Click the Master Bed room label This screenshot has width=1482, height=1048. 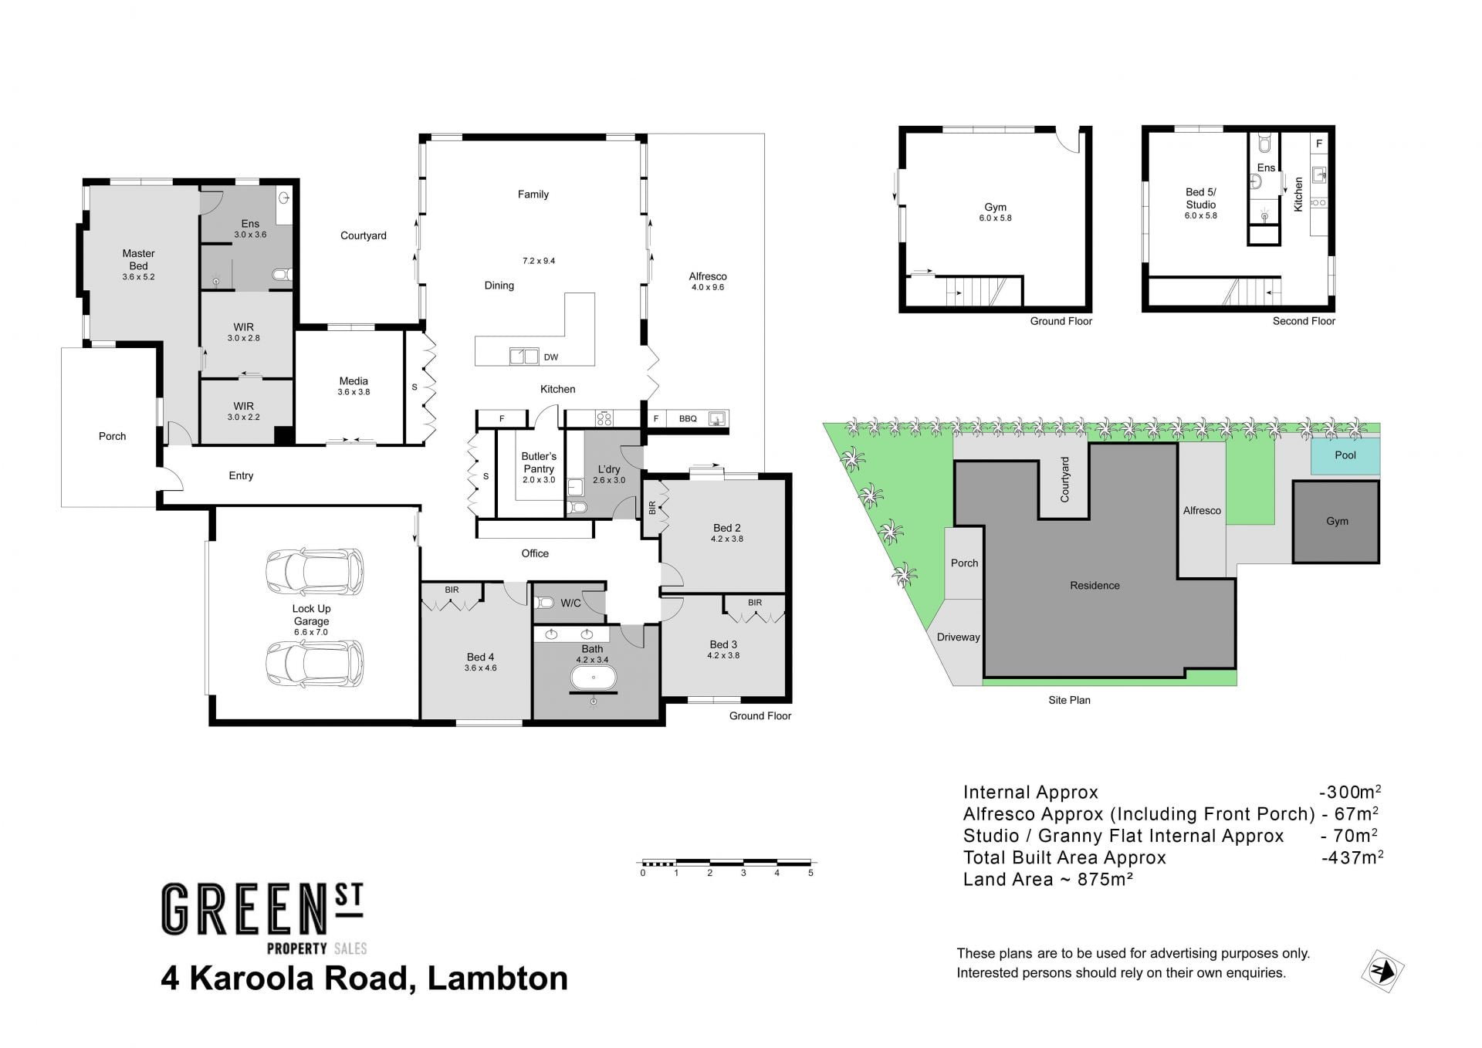(138, 259)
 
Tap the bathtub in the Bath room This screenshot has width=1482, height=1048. (593, 678)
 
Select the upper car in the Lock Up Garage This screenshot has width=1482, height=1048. (314, 571)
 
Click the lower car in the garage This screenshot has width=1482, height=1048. (314, 663)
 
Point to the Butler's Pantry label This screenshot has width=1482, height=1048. (539, 462)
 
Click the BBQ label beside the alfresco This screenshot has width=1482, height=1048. (688, 419)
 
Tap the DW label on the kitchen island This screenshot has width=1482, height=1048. (551, 357)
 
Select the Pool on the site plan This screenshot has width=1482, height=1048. (1345, 455)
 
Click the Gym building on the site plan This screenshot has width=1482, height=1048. (1336, 522)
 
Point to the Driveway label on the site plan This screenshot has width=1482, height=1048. (958, 637)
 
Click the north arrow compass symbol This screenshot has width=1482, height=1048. (1382, 970)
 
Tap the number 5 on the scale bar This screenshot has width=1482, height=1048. (810, 873)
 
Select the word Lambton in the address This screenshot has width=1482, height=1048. (498, 979)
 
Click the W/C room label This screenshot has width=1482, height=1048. (570, 603)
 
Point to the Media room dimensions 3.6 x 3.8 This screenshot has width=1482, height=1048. (354, 392)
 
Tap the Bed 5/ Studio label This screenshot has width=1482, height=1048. (1200, 198)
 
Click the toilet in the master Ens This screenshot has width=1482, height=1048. (282, 274)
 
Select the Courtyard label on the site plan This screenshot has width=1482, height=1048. (1065, 479)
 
